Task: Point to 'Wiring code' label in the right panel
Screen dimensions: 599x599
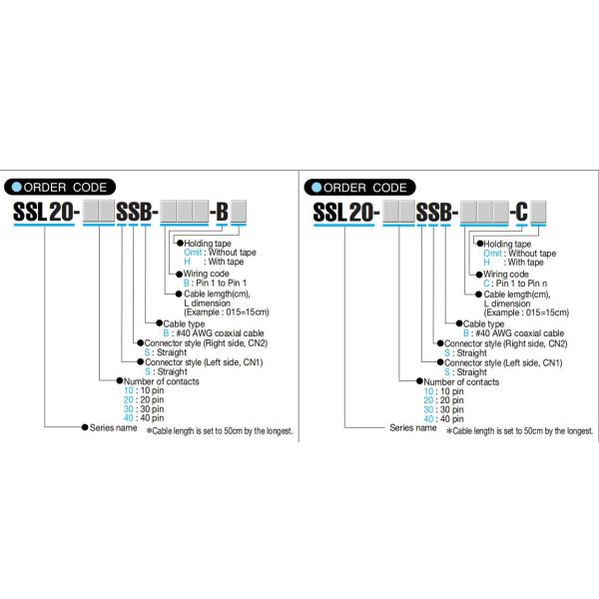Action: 506,273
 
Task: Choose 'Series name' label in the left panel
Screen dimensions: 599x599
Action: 113,428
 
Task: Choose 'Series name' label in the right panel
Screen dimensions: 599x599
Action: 412,428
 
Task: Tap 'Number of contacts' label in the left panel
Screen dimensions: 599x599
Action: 160,381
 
